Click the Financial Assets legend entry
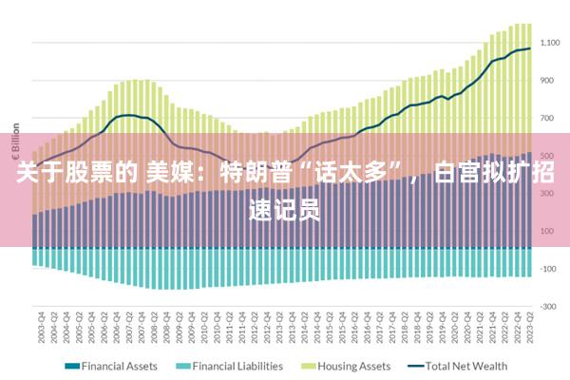[120, 366]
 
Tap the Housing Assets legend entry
[353, 366]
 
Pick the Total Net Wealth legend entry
[465, 366]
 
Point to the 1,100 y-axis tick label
[550, 43]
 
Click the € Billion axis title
[16, 142]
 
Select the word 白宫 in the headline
[462, 174]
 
